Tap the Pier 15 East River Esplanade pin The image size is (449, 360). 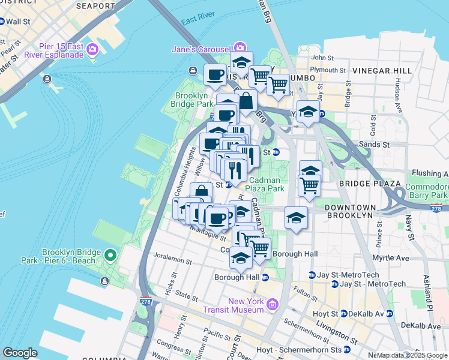(x=92, y=49)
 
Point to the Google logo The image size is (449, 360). (x=20, y=353)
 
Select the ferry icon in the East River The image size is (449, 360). (x=47, y=79)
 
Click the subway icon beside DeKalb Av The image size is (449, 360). (x=389, y=313)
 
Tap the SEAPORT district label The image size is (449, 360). (x=96, y=6)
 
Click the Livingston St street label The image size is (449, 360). (x=336, y=333)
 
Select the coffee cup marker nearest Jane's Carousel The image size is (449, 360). (x=215, y=75)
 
